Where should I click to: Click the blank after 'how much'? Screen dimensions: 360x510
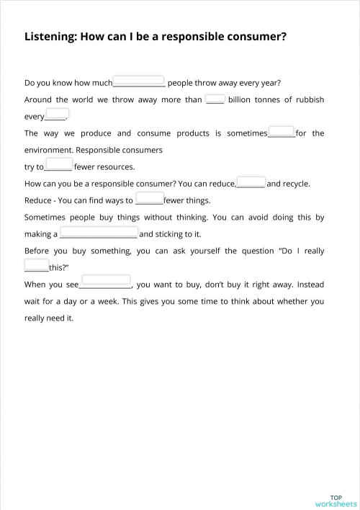coord(139,81)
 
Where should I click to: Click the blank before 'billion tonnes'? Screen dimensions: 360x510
coord(215,99)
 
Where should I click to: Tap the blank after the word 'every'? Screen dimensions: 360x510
coord(56,115)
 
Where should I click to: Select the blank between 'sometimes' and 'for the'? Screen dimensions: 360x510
coord(281,133)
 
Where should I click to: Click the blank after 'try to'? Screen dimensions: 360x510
coord(58,166)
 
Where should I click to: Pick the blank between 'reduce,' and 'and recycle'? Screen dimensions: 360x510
coord(251,183)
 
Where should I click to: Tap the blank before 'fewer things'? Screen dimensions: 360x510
coord(149,200)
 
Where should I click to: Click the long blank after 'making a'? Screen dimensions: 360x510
coord(98,233)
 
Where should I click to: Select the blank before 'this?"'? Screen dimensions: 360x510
coord(37,267)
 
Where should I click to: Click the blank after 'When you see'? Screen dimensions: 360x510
coord(105,283)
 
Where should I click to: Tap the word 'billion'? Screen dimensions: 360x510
coord(243,99)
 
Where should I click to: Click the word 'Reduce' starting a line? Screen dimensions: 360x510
coord(38,200)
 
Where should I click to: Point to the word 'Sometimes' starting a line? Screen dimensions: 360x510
coord(48,217)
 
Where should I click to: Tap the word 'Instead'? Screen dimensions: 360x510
coord(311,284)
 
